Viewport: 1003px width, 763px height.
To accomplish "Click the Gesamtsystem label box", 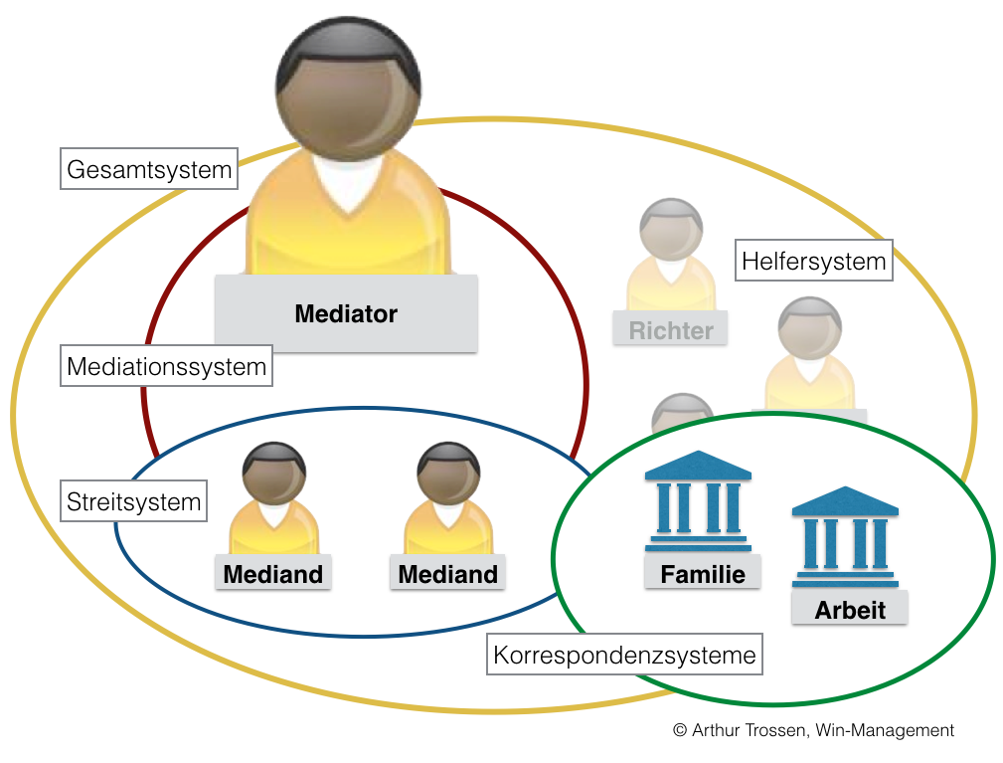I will pyautogui.click(x=149, y=170).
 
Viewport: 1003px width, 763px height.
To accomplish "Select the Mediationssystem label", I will pyautogui.click(x=166, y=367).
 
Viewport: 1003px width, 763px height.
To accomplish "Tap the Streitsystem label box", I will pyautogui.click(x=133, y=502).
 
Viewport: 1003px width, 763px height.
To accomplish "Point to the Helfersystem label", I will pyautogui.click(x=813, y=262).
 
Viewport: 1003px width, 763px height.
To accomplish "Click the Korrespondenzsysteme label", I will pyautogui.click(x=626, y=656).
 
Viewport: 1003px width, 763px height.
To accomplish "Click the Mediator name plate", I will pyautogui.click(x=346, y=314).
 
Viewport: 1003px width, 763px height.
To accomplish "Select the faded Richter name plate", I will pyautogui.click(x=671, y=330).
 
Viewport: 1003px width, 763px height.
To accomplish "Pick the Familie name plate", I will pyautogui.click(x=703, y=574).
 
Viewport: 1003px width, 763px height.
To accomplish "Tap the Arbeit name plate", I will pyautogui.click(x=850, y=609).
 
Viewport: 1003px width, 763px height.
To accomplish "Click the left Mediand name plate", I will pyautogui.click(x=273, y=574).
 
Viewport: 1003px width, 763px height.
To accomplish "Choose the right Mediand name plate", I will pyautogui.click(x=447, y=574).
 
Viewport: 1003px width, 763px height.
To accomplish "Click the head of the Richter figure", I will pyautogui.click(x=671, y=228).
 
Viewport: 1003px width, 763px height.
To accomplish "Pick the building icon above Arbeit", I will pyautogui.click(x=845, y=537).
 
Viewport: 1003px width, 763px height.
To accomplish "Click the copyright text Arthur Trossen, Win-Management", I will pyautogui.click(x=813, y=730).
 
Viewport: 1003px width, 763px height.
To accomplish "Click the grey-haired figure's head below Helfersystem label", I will pyautogui.click(x=809, y=327).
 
